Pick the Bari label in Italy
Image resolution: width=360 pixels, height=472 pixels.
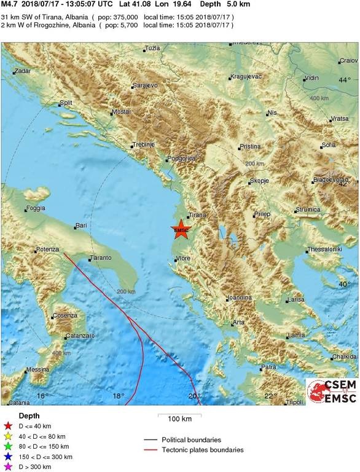80,226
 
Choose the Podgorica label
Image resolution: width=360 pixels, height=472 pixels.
182,159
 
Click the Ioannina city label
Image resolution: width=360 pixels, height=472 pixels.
239,297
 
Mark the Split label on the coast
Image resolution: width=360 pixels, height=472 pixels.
65,103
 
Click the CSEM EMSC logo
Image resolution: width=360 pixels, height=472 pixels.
332,391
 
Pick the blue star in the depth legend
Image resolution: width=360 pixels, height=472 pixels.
8,457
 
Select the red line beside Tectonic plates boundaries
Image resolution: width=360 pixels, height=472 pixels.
149,450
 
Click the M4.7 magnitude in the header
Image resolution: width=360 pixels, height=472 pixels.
11,4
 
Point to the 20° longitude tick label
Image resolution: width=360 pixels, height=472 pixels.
195,395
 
